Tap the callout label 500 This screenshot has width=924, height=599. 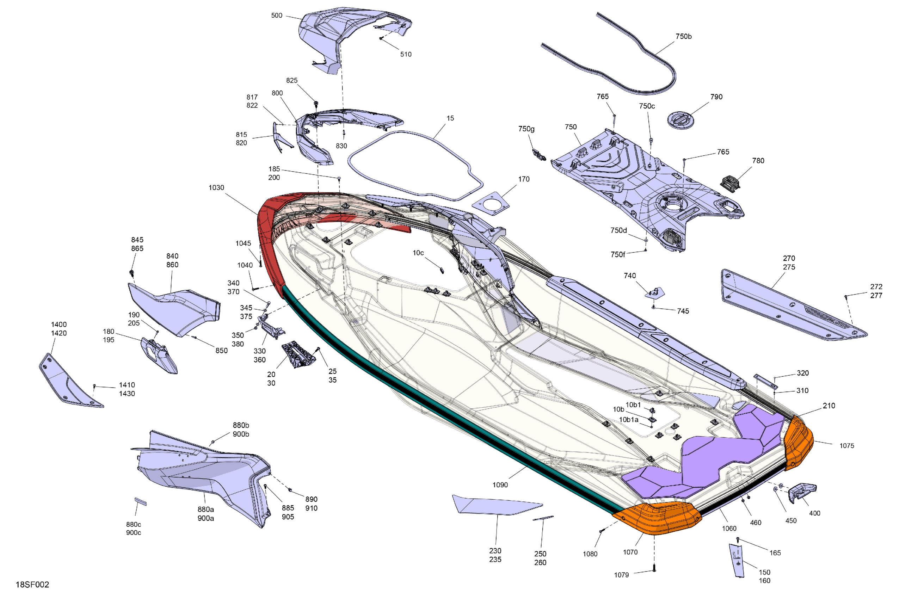click(x=276, y=16)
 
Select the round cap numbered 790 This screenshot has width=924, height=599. click(x=680, y=119)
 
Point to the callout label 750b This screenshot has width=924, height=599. click(x=683, y=37)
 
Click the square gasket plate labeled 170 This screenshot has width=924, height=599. click(x=491, y=205)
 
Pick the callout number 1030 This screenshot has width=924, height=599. click(x=216, y=188)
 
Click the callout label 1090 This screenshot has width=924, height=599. click(x=500, y=485)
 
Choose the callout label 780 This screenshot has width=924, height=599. click(x=758, y=161)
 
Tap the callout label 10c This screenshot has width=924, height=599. click(x=418, y=253)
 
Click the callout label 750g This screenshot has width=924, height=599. click(x=526, y=129)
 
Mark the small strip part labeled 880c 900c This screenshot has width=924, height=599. click(x=141, y=501)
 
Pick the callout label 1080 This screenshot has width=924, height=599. click(x=590, y=554)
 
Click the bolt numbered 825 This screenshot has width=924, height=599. click(x=316, y=104)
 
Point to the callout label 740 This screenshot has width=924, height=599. click(x=630, y=276)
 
